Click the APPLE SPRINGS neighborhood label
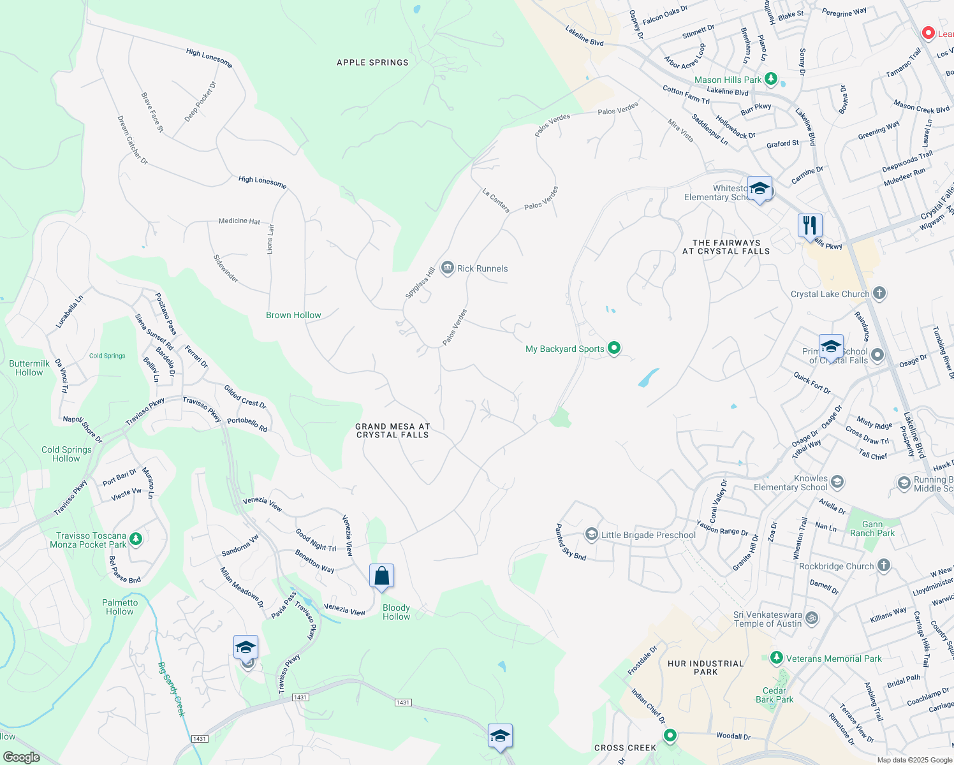[372, 62]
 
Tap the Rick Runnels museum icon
[447, 268]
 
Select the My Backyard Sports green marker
[614, 348]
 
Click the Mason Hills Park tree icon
[771, 79]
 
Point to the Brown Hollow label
[293, 315]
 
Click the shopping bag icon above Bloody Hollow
[381, 576]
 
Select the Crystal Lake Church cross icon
[879, 293]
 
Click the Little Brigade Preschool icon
[591, 534]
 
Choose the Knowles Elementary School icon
[837, 482]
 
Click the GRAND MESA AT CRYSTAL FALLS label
[393, 430]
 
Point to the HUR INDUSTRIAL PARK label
[705, 667]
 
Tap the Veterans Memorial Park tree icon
[776, 657]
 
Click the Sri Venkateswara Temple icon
[812, 618]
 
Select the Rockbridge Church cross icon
[883, 565]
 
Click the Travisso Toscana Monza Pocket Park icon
[136, 540]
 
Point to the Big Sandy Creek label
[171, 688]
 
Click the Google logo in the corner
[21, 757]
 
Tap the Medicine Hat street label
[239, 221]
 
